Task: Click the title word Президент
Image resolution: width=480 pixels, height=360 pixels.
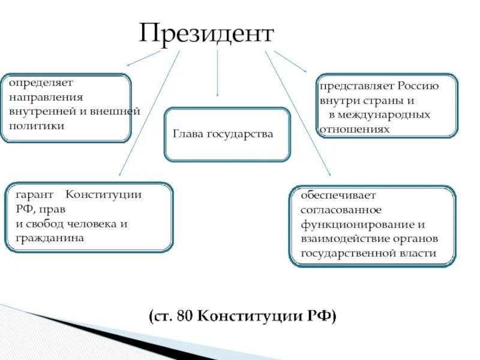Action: tap(206, 34)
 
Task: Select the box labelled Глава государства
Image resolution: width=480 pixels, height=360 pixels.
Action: tap(227, 134)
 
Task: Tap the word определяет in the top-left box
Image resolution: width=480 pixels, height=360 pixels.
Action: tap(37, 82)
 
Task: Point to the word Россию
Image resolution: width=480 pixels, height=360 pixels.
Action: tap(418, 86)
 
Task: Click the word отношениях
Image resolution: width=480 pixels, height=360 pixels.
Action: tap(355, 129)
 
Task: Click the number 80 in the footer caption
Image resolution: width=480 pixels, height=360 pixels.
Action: tap(185, 316)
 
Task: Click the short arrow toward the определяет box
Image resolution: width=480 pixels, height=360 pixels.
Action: tap(143, 58)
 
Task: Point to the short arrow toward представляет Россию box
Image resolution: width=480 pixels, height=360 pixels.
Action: tap(290, 61)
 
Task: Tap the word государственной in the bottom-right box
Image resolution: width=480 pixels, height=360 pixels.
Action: tap(348, 254)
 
